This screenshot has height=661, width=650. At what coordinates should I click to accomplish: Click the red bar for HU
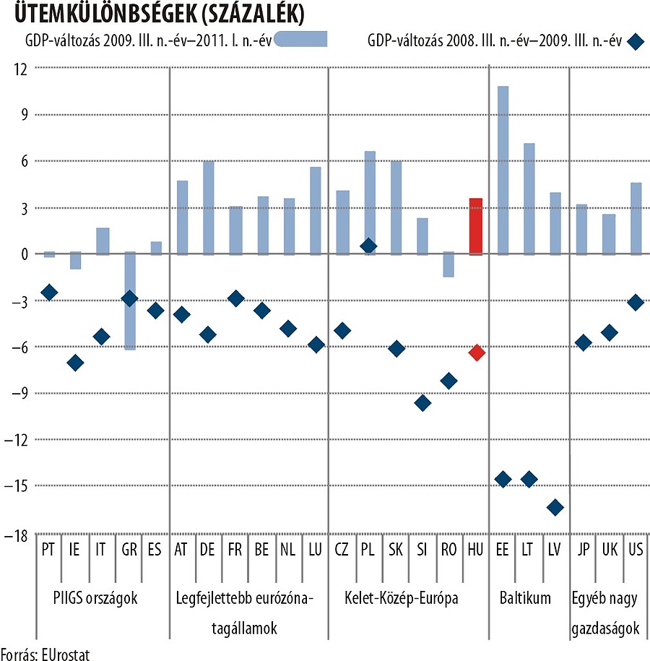tap(476, 226)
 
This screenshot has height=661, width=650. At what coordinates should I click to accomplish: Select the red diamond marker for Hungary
tap(476, 353)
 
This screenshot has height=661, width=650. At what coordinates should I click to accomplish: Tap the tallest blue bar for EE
tap(503, 170)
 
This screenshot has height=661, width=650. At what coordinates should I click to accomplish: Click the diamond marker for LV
tap(555, 508)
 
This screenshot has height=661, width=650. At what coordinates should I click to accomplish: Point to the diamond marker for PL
tap(368, 246)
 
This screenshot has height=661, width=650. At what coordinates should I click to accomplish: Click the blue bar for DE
tap(208, 207)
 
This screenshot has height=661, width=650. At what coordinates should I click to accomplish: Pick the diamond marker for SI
tap(422, 403)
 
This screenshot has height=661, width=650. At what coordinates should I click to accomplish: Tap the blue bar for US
tap(636, 218)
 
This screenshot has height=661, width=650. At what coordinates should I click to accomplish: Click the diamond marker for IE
tap(75, 363)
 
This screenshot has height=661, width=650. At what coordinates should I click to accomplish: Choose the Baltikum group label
tap(525, 598)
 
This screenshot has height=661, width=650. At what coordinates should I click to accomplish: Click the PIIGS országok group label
tap(95, 598)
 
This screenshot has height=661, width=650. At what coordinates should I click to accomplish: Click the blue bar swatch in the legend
tap(301, 40)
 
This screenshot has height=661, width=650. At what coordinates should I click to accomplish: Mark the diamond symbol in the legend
tap(636, 41)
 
